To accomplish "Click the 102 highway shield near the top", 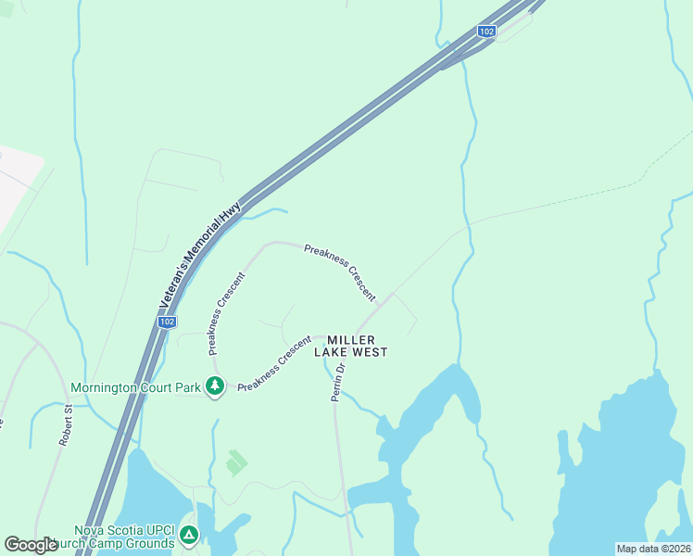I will pos(486,32).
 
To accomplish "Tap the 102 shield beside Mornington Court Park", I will pos(166,322).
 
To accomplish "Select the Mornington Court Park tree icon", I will pos(215,385).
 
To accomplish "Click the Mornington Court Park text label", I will pos(136,387).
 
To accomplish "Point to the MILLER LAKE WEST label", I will pos(350,346).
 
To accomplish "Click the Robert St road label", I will pos(66,425).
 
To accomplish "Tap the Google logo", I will pos(31,545).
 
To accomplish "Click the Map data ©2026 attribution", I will pos(652,549).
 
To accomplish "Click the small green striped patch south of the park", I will pos(236,461).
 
